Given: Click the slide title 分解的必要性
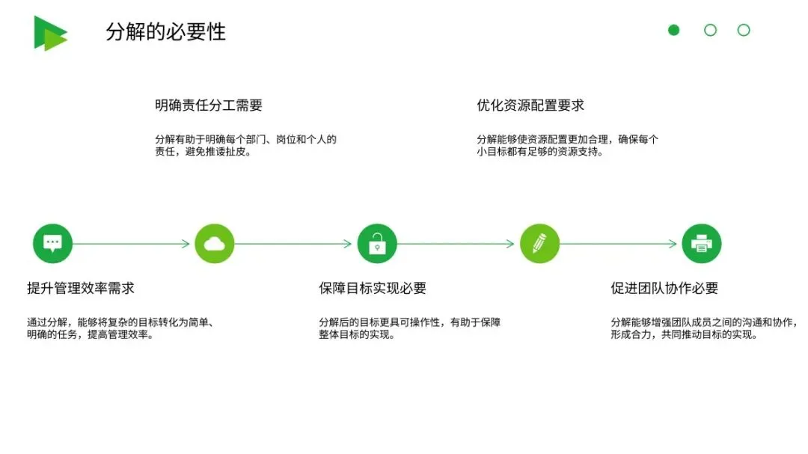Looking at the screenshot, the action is coord(165,32).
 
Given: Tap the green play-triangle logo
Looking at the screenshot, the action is coord(49,33).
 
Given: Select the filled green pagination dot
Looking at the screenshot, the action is coord(673,30).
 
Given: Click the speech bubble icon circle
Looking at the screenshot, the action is coord(52,243).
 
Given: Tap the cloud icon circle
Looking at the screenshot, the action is coord(215,243).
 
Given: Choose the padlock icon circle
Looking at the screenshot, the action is coord(377,243).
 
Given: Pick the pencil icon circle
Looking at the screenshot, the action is coord(539,243).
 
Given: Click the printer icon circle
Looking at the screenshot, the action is coord(702,243).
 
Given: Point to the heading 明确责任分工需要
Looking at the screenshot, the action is coord(209,105).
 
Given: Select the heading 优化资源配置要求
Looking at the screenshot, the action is coord(530,105).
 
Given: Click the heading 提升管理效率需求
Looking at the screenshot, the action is coord(81,288).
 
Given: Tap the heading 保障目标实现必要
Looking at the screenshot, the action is coord(373,288).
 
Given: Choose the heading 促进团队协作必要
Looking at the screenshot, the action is coord(664,288).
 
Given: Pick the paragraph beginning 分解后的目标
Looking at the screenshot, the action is coord(409,328).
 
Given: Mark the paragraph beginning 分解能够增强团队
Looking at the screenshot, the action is coord(703,328).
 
